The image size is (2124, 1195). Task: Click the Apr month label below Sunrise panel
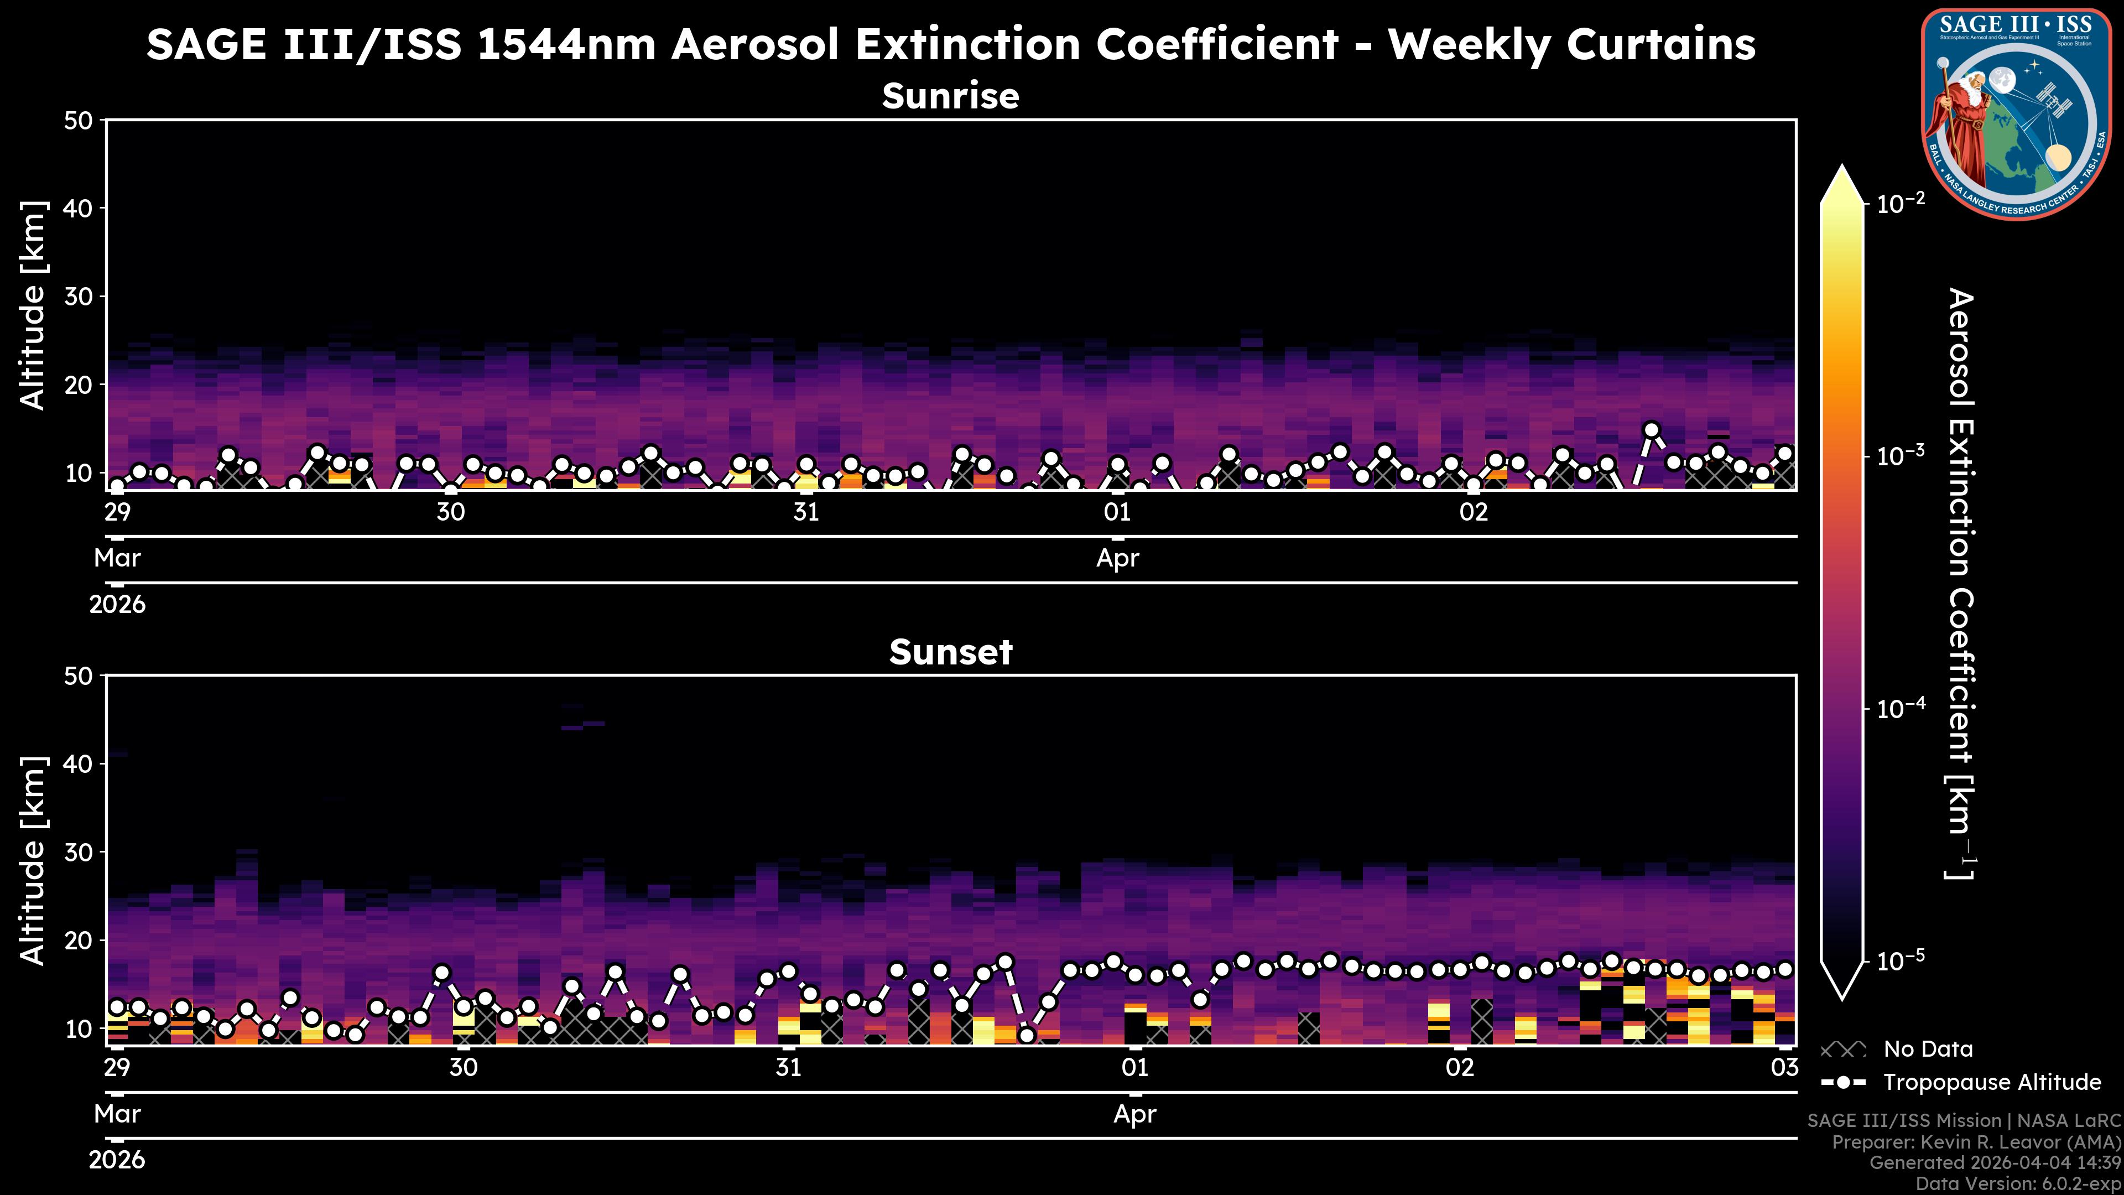point(1117,558)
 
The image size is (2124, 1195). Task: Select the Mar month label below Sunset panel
point(117,1114)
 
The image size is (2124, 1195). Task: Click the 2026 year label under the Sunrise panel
point(117,605)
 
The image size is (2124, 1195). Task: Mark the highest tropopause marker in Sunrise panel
point(1651,430)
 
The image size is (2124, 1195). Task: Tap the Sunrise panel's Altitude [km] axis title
point(33,305)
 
